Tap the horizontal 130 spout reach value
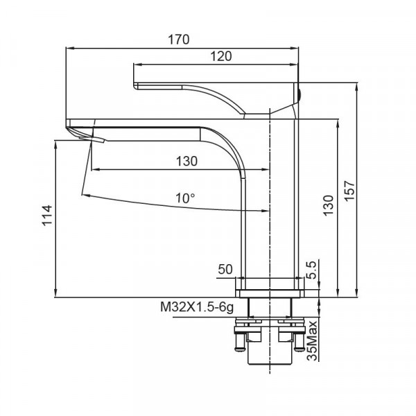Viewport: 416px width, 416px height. click(187, 161)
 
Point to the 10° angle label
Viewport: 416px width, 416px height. click(185, 198)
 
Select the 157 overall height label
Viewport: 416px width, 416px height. click(350, 190)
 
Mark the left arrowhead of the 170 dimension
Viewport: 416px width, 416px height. click(69, 49)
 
